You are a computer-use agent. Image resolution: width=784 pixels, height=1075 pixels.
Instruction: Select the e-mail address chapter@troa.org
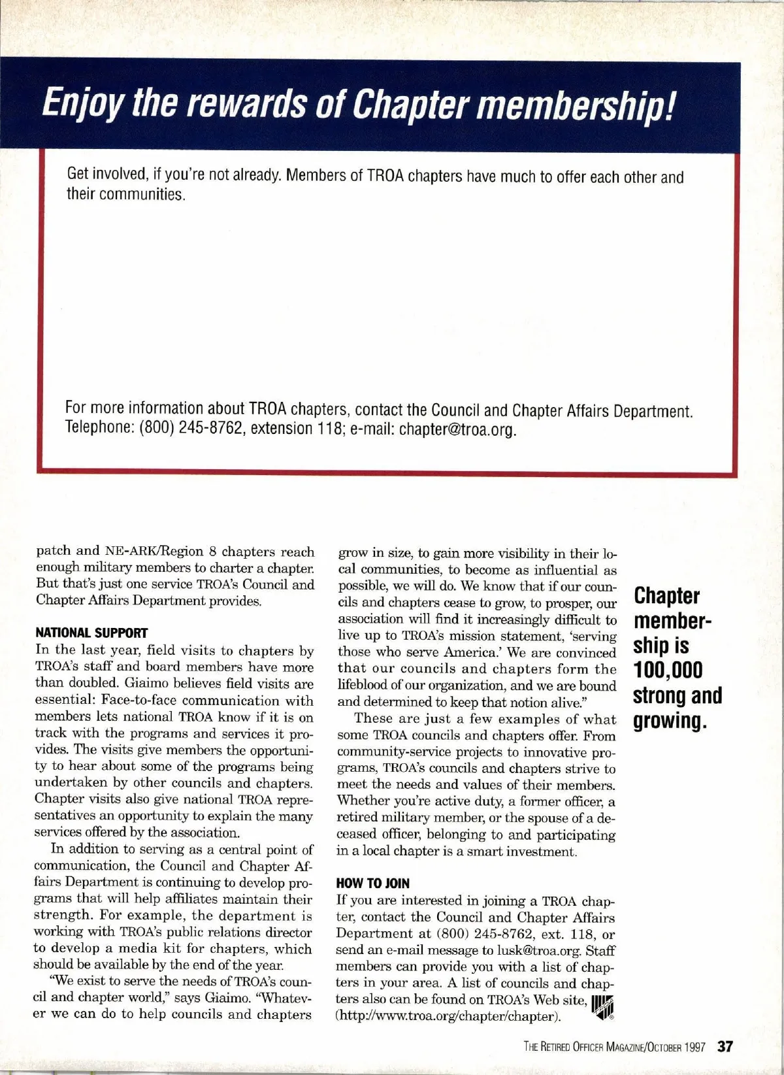[458, 429]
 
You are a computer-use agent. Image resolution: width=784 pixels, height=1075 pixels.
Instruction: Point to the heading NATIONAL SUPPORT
[91, 633]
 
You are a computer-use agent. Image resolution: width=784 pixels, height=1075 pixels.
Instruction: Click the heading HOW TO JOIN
[372, 884]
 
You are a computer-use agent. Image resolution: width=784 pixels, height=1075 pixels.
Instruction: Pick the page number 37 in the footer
[726, 1047]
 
